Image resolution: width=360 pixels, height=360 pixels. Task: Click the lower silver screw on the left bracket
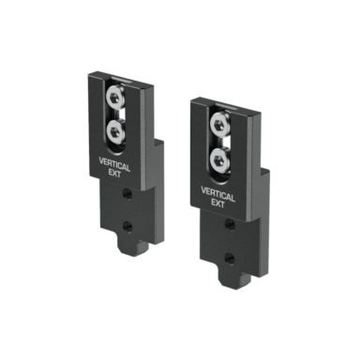coord(115,131)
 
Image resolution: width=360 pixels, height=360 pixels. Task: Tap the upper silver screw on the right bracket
coord(220,122)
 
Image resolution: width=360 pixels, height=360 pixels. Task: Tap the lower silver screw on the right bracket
coord(220,158)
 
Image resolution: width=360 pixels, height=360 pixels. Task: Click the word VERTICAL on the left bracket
coord(114,164)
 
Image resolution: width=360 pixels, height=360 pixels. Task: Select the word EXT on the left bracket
coord(114,173)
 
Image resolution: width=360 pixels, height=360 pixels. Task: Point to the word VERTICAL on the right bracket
coord(217,194)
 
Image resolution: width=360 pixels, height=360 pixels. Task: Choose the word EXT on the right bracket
coord(217,203)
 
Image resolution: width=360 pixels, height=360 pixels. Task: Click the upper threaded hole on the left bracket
coord(127,194)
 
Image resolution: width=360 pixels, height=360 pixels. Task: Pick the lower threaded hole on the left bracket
coord(127,224)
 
